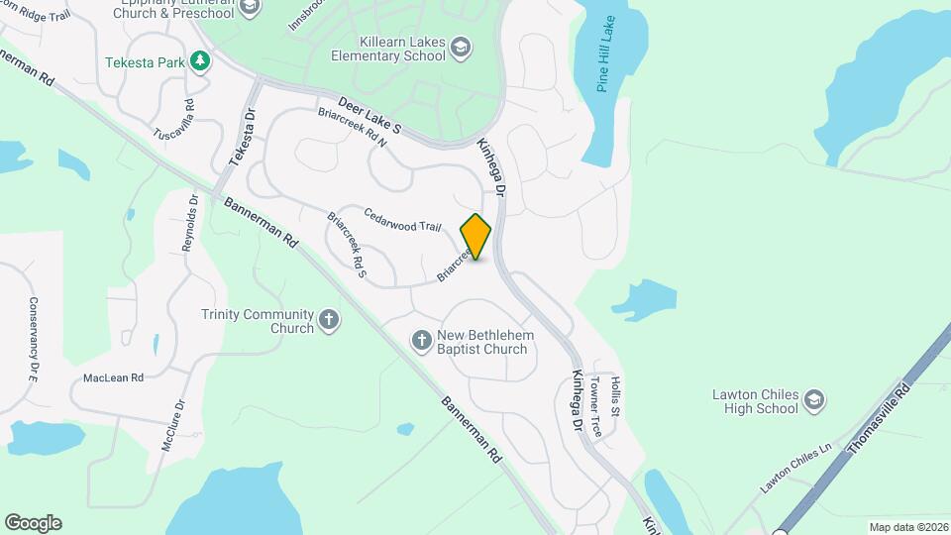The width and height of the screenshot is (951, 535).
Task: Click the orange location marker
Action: coord(476,236)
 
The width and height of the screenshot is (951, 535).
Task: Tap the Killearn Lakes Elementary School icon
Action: coord(460,47)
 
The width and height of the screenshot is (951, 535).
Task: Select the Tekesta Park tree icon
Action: coord(201,61)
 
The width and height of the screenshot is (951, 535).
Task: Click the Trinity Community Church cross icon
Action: coord(329,321)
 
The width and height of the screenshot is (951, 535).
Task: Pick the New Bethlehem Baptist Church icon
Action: coord(421,341)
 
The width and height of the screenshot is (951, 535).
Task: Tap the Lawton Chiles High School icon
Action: coord(813,400)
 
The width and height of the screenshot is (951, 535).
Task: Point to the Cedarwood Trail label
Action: coord(401,220)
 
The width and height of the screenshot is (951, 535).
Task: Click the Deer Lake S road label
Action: coord(370,115)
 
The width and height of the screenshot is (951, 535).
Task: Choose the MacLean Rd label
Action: coord(113,377)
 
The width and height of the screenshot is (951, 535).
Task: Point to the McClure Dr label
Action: coord(171,423)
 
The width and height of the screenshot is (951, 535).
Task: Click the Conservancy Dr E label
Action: coord(33,340)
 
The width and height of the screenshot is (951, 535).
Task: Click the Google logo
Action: coord(33,523)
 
